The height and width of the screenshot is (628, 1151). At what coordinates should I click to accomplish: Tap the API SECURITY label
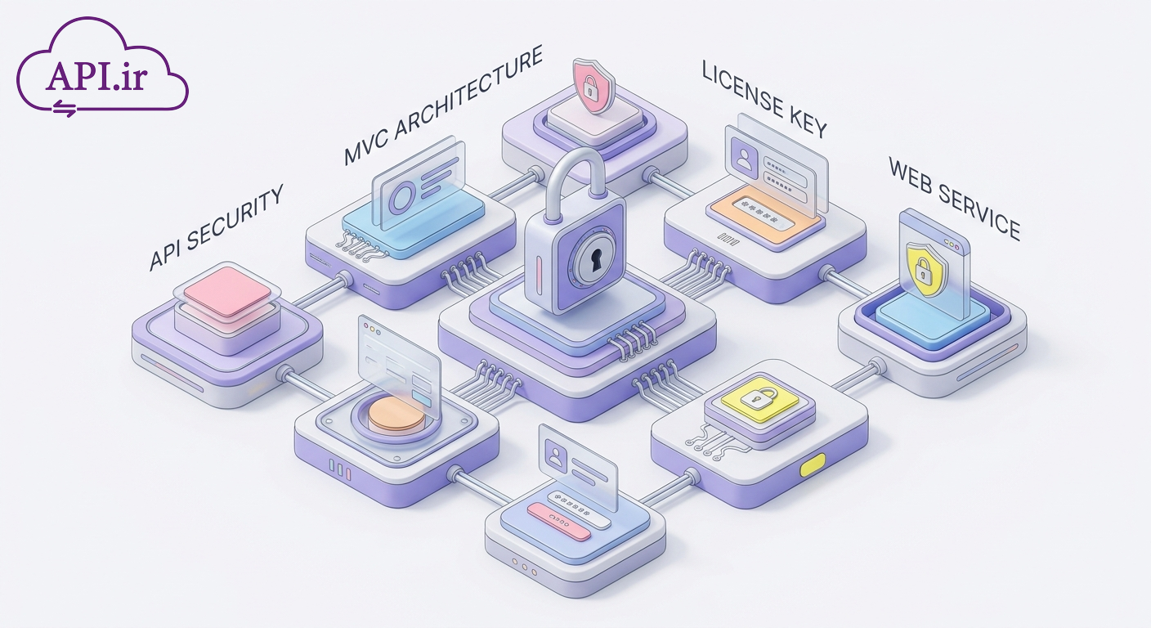pyautogui.click(x=216, y=227)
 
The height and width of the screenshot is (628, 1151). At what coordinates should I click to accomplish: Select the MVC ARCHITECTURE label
pyautogui.click(x=443, y=105)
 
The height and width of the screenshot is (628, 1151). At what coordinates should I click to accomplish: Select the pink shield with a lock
pyautogui.click(x=593, y=85)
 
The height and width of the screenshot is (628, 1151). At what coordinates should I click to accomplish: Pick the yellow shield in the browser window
pyautogui.click(x=924, y=270)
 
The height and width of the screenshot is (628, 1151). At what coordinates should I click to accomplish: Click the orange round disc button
pyautogui.click(x=396, y=414)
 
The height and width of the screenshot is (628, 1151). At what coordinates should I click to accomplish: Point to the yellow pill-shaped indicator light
pyautogui.click(x=813, y=464)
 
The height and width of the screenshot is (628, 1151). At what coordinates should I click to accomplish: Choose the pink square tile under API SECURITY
pyautogui.click(x=227, y=291)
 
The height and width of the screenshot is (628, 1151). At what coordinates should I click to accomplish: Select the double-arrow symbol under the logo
pyautogui.click(x=65, y=108)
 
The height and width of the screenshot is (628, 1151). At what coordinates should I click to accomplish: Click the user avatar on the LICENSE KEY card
pyautogui.click(x=744, y=155)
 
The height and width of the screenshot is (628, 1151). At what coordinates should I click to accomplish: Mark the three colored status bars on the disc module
pyautogui.click(x=339, y=469)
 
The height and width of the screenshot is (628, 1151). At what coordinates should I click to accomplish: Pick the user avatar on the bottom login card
pyautogui.click(x=555, y=455)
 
